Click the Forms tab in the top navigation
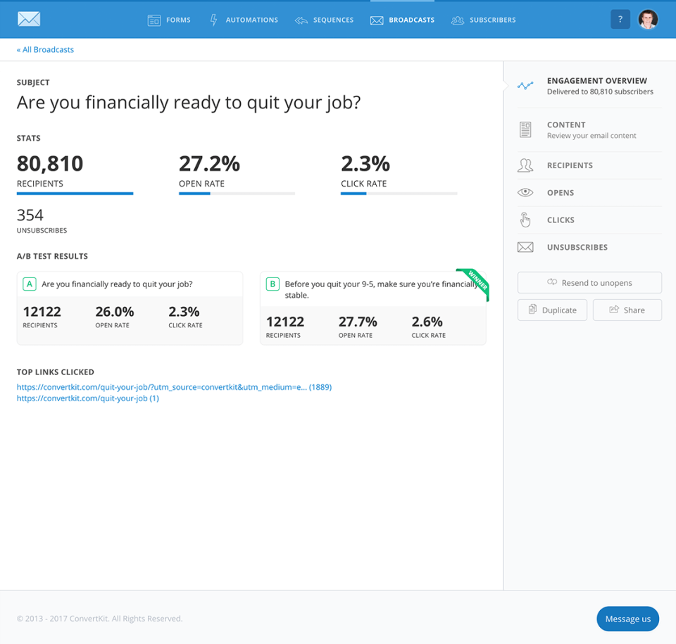169,20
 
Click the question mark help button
620,20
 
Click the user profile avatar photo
648,20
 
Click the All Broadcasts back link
45,50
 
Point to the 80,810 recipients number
50,164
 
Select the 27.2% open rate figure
209,164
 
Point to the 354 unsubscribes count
30,215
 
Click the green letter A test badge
30,284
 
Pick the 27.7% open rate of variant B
358,322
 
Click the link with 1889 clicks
174,387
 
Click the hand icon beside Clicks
525,220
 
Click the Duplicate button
552,310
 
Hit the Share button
627,310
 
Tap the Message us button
627,619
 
